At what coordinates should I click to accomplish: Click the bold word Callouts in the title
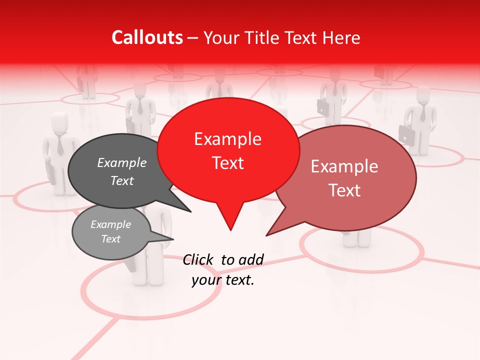147,37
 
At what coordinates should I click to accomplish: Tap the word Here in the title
342,37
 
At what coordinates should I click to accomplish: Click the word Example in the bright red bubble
227,139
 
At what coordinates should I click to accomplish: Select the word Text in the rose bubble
344,190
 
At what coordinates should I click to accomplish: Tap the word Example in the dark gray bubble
121,162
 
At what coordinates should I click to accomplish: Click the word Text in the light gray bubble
111,239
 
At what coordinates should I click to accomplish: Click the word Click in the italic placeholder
198,259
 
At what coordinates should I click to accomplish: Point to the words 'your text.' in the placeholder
223,280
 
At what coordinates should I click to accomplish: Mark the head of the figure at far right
423,95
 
